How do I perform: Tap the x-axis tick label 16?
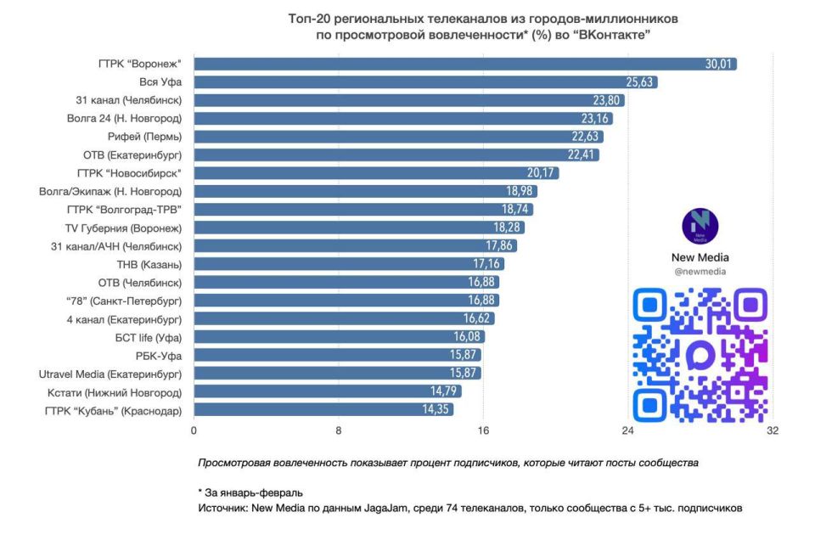483,430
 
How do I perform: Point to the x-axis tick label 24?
628,430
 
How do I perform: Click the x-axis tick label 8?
339,430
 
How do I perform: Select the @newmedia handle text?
700,272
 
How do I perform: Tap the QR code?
700,354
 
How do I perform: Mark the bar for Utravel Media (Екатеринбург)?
337,374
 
